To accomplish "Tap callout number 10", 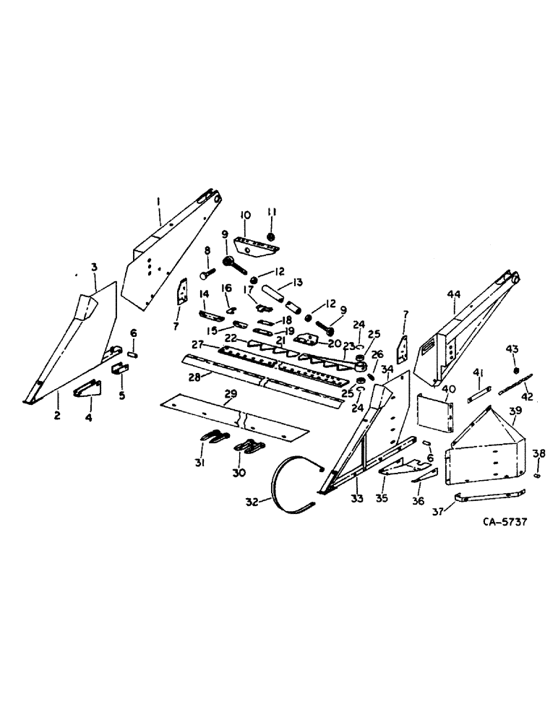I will (x=245, y=215).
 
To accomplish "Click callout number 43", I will (x=512, y=349).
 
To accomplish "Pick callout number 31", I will (x=200, y=463).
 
